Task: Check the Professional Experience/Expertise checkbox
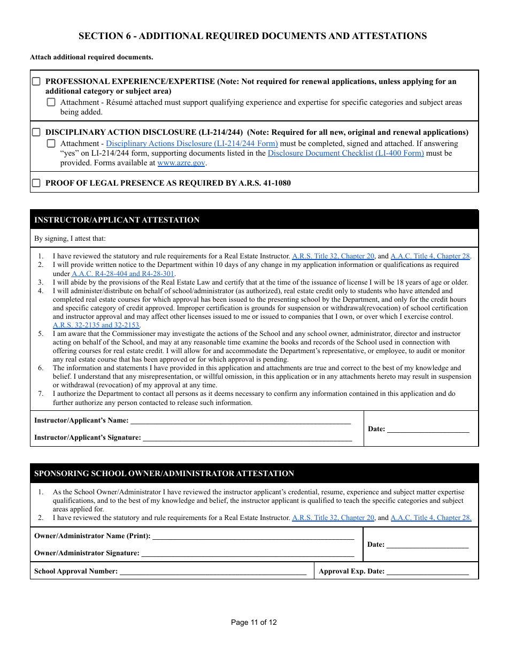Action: click(36, 82)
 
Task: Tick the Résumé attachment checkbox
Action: click(51, 102)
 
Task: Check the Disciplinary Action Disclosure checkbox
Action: click(36, 132)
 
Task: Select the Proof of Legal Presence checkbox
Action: click(36, 183)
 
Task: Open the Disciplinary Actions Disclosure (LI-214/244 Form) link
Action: click(191, 143)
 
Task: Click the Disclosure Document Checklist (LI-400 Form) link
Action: click(345, 153)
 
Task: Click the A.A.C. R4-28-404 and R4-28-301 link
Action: click(123, 273)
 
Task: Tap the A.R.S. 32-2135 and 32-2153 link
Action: click(96, 325)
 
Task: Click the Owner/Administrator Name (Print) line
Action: click(252, 535)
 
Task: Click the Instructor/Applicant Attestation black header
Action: click(254, 220)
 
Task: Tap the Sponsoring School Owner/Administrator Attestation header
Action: click(254, 473)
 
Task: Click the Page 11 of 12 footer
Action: click(254, 622)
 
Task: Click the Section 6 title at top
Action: click(252, 36)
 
